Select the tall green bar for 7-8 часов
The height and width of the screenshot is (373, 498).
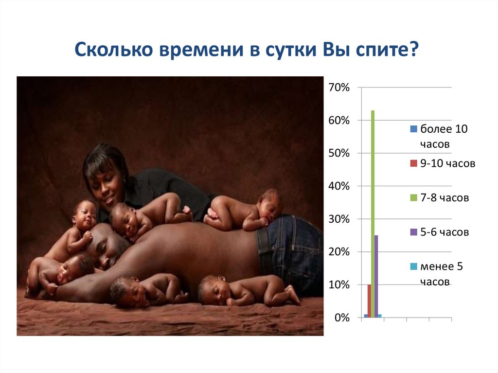(x=373, y=214)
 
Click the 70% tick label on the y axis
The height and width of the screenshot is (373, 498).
(x=339, y=88)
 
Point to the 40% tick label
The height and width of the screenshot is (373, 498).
(x=339, y=186)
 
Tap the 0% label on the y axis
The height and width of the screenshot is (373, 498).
(x=341, y=318)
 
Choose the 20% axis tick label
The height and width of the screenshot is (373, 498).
(x=339, y=252)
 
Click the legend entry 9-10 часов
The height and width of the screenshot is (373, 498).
(x=447, y=163)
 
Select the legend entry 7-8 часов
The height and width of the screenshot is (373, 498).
(x=445, y=198)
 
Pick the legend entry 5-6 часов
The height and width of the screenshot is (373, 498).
(x=445, y=232)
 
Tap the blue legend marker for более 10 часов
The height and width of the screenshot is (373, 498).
(x=414, y=129)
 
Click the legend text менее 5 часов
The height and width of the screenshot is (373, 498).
(x=442, y=274)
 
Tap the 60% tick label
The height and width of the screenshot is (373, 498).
(x=339, y=121)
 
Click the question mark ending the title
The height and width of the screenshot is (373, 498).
(x=414, y=50)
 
